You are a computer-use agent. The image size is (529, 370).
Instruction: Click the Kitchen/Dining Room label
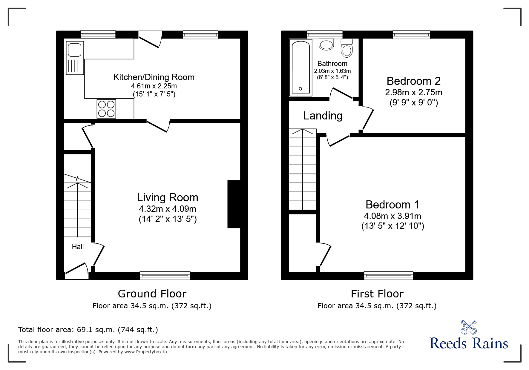[x=154, y=77]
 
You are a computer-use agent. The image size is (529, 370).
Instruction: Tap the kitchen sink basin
[x=74, y=50]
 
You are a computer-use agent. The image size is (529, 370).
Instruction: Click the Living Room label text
[x=167, y=197]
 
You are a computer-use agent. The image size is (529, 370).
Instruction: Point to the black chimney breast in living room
[x=234, y=204]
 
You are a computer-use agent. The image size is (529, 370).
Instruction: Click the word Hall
[x=78, y=247]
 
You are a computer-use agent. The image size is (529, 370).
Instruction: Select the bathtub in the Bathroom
[x=300, y=68]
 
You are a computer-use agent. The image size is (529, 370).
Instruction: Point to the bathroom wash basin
[x=326, y=45]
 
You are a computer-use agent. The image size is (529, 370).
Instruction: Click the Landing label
[x=323, y=116]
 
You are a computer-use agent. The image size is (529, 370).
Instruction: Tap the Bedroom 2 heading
[x=413, y=81]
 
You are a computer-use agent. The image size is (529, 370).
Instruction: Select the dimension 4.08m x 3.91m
[x=392, y=216]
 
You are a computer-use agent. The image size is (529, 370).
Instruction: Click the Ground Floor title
[x=152, y=294]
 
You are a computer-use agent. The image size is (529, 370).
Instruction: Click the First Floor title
[x=377, y=294]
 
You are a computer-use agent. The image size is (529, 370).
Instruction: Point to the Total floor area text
[x=88, y=330]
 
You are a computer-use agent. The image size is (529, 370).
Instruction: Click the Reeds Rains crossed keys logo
[x=469, y=327]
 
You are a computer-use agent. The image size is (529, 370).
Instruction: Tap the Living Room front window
[x=165, y=275]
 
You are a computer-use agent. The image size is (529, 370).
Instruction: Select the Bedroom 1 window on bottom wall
[x=388, y=275]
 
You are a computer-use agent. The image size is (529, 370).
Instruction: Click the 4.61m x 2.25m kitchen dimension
[x=154, y=86]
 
